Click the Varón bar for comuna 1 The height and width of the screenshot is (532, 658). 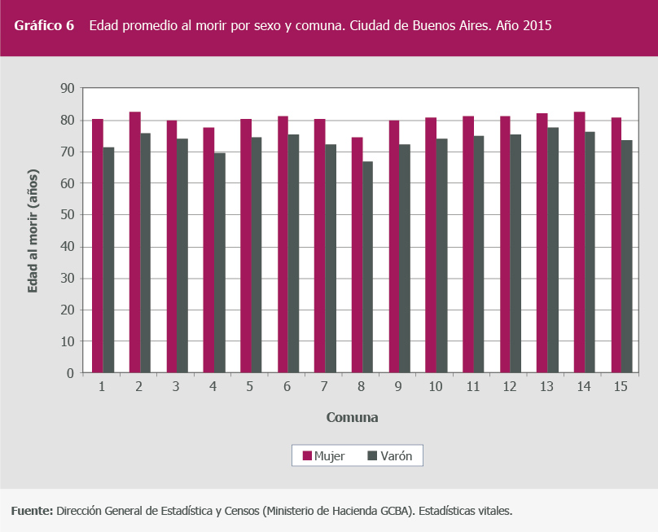coord(108,260)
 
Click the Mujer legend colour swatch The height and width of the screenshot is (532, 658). coord(307,456)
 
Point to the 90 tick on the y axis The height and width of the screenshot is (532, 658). coord(67,88)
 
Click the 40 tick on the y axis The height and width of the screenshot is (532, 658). coord(67,246)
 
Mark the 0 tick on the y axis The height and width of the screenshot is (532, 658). coord(70,373)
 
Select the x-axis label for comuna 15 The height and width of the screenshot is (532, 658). coord(621,386)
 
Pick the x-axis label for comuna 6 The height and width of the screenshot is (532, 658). coord(287,386)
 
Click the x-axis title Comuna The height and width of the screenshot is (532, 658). coord(352,418)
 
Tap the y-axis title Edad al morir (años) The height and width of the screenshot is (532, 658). coord(33,231)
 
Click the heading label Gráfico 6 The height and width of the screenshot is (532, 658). coord(44,26)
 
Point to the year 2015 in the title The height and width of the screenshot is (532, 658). coord(538,26)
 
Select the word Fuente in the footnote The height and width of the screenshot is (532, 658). coord(31,511)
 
